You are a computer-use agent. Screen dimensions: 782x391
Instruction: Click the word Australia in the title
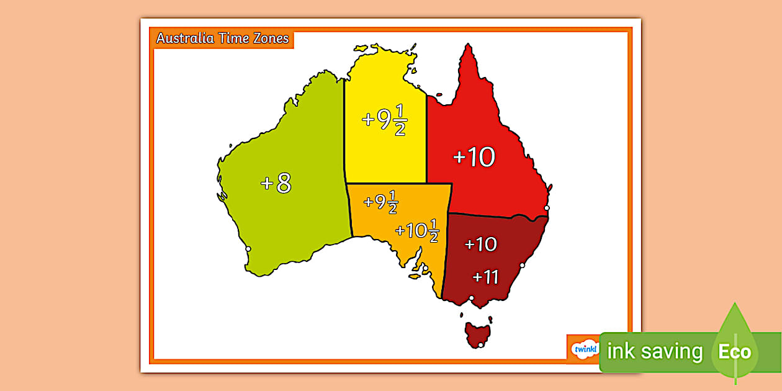click(184, 38)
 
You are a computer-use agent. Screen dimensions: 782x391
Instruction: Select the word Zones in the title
click(270, 38)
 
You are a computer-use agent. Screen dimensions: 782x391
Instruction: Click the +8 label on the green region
click(276, 183)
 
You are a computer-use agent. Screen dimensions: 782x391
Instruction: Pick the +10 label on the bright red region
click(474, 158)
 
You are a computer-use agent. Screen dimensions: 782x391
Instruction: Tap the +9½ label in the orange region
click(380, 202)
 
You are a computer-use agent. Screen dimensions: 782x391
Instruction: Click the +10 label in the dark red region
click(481, 245)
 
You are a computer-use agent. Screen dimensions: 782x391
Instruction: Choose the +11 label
click(485, 277)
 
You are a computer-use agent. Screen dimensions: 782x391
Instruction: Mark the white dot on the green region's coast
click(248, 249)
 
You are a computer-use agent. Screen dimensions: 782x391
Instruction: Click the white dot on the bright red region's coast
click(547, 208)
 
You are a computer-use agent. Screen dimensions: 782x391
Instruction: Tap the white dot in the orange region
click(425, 269)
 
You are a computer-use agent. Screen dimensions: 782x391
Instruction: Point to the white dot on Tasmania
click(480, 344)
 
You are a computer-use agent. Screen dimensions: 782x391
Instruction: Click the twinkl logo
click(585, 349)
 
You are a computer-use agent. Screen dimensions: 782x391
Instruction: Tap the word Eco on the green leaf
click(735, 352)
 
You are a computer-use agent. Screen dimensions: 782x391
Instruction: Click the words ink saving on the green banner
click(655, 352)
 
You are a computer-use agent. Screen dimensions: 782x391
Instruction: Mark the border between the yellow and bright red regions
click(426, 137)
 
